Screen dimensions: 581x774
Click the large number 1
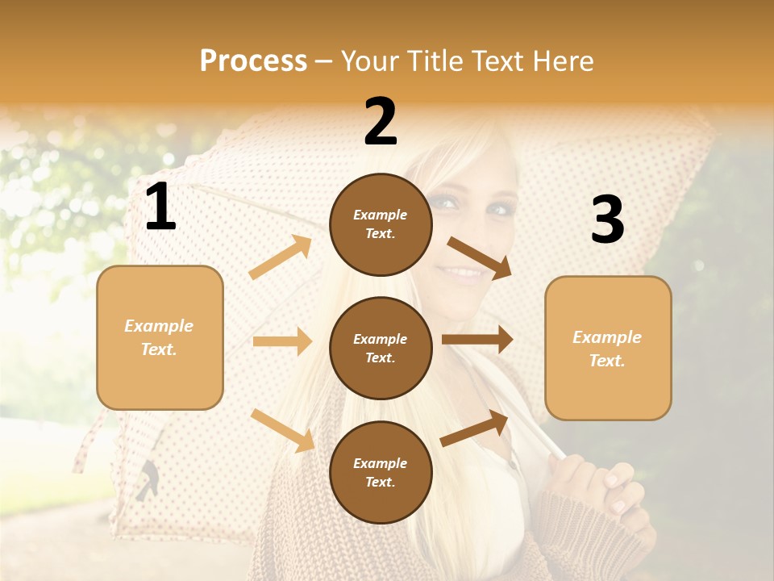160,207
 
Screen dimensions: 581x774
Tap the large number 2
381,122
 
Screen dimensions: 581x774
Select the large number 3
607,220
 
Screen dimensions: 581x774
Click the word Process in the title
253,61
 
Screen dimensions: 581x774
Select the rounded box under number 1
160,337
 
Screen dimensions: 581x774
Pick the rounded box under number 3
608,348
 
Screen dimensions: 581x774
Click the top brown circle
381,224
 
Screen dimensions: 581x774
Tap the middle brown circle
381,348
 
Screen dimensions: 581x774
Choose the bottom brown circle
381,472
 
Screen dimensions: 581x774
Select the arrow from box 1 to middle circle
282,341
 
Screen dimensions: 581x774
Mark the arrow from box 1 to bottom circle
283,430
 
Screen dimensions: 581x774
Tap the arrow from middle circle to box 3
477,340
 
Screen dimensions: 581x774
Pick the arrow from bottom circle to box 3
475,428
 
